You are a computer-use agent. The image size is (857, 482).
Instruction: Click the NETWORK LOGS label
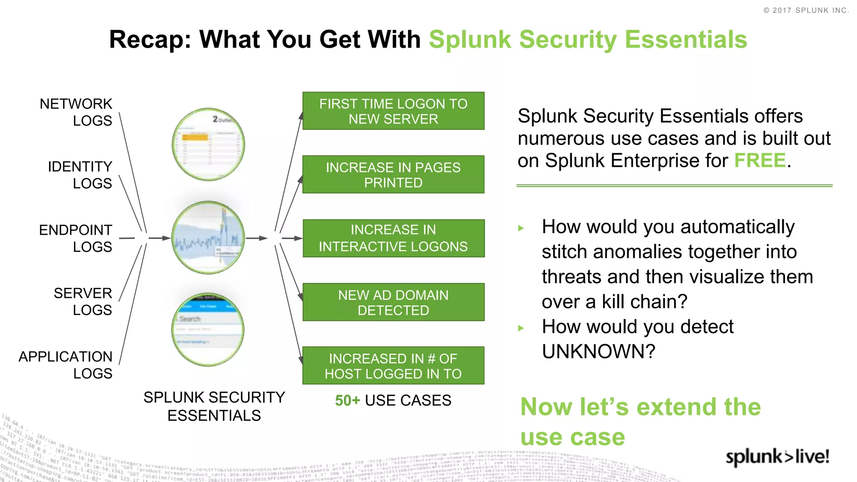(76, 112)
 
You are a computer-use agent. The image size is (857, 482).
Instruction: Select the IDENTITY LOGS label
(80, 175)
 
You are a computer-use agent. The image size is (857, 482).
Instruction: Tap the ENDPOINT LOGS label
(76, 238)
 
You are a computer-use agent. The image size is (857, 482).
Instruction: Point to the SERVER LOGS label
(83, 301)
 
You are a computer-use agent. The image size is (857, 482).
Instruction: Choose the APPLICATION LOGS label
(66, 365)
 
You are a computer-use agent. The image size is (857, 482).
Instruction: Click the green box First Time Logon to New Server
(393, 111)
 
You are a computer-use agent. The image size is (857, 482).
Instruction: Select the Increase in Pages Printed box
(393, 174)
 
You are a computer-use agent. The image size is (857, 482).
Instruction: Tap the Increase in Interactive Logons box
(393, 238)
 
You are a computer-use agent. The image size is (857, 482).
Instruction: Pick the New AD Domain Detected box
(393, 302)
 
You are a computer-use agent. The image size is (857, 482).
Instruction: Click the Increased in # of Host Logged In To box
(393, 366)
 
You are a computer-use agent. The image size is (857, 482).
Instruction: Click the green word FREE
(760, 161)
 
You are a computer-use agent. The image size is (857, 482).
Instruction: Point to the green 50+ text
(347, 400)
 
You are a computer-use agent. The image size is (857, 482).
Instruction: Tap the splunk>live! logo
(777, 456)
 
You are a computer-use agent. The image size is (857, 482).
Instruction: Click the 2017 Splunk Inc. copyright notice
(806, 10)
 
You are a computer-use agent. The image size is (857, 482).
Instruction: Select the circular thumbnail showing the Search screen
(208, 329)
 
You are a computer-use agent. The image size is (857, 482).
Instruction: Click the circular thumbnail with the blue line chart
(208, 238)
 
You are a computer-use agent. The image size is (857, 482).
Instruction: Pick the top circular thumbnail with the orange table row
(208, 144)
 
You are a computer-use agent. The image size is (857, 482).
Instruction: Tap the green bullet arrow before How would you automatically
(521, 228)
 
